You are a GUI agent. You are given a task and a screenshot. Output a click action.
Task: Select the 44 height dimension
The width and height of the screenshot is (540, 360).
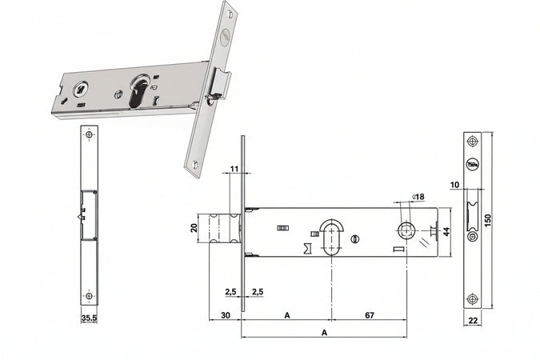point(447,231)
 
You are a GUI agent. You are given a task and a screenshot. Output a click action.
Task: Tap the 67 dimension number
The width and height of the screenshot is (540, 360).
point(369,315)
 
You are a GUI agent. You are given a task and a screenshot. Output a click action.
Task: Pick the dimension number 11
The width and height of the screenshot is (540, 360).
point(234,169)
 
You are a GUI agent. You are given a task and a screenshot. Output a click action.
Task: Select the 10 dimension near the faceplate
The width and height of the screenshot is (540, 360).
point(454,186)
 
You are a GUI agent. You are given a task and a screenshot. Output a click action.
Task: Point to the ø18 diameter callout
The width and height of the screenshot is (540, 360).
point(417,197)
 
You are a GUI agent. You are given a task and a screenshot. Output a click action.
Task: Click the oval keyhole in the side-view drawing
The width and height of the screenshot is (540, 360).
point(330,233)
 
